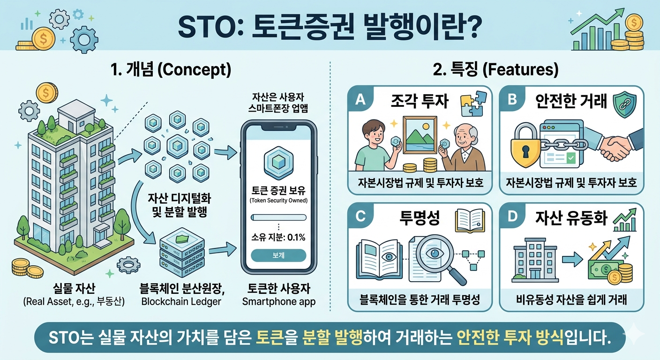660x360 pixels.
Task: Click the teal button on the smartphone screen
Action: pos(278,255)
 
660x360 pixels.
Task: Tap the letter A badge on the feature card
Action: pos(360,99)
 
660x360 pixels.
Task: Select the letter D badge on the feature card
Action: pos(512,216)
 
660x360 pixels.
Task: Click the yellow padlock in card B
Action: pos(525,145)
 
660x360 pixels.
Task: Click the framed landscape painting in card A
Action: pos(420,135)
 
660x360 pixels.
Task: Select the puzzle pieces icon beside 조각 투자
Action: pos(472,104)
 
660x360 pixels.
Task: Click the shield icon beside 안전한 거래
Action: pos(624,105)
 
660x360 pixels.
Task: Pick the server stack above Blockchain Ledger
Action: pos(182,252)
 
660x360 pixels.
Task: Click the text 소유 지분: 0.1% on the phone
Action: pos(278,237)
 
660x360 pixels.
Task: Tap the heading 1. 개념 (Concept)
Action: pos(171,70)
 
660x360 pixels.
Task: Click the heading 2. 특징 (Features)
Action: pos(495,70)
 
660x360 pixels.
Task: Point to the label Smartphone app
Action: pos(279,302)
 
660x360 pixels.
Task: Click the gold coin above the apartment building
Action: pos(47,93)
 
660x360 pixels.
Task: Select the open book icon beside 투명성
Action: pos(470,221)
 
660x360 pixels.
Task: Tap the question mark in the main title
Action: pos(472,27)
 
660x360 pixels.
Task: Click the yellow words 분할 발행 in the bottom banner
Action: pos(332,337)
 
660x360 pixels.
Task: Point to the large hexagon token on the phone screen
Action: pos(278,162)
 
